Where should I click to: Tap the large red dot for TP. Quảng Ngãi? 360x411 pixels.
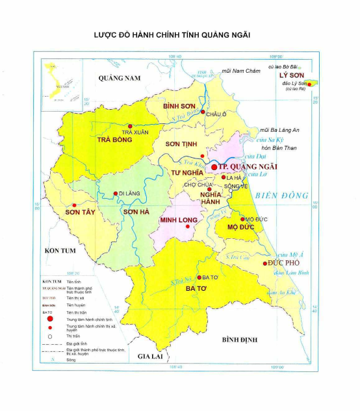[214, 167]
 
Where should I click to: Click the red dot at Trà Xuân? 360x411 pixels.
[131, 127]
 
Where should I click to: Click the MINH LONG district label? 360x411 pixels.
[178, 220]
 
